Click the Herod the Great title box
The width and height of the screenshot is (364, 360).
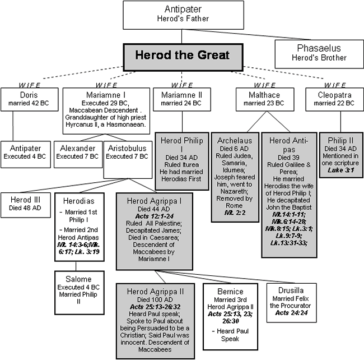click(182, 57)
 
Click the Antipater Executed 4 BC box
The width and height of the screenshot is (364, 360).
click(28, 153)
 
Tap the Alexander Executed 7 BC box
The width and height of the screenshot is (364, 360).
click(78, 153)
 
